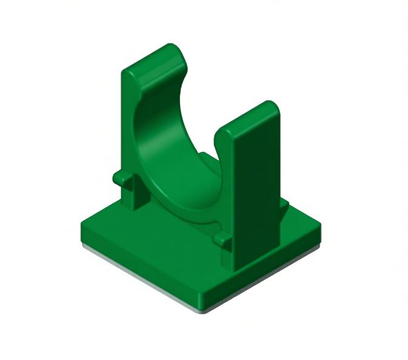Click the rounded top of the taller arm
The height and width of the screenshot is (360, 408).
[155, 58]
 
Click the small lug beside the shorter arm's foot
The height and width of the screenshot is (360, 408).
[222, 239]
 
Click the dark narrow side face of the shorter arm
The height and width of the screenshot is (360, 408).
[226, 200]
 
